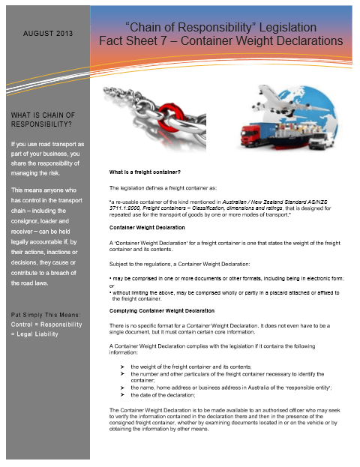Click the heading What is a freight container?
click(x=145, y=172)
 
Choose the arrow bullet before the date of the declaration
click(x=121, y=394)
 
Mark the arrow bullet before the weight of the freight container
click(x=121, y=366)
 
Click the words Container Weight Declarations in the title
click(x=262, y=40)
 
